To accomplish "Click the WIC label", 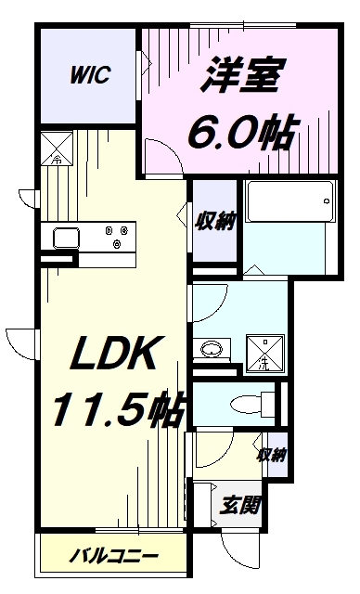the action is pyautogui.click(x=90, y=74).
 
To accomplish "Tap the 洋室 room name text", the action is pyautogui.click(x=241, y=75).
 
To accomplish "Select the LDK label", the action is pyautogui.click(x=113, y=354).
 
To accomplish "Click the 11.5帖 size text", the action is pyautogui.click(x=117, y=407).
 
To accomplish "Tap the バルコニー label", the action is pyautogui.click(x=113, y=556).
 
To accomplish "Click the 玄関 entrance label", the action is pyautogui.click(x=240, y=505).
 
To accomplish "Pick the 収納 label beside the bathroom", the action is pyautogui.click(x=215, y=221).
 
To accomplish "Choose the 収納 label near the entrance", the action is pyautogui.click(x=272, y=454).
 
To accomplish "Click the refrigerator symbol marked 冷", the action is pyautogui.click(x=57, y=148).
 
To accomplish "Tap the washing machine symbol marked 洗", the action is pyautogui.click(x=265, y=354).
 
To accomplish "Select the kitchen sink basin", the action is pyautogui.click(x=67, y=238).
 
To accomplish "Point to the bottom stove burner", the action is pyautogui.click(x=117, y=244).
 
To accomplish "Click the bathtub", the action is pyautogui.click(x=290, y=201).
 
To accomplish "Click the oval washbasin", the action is pyautogui.click(x=212, y=349).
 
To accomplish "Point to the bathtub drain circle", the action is pyautogui.click(x=326, y=200).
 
